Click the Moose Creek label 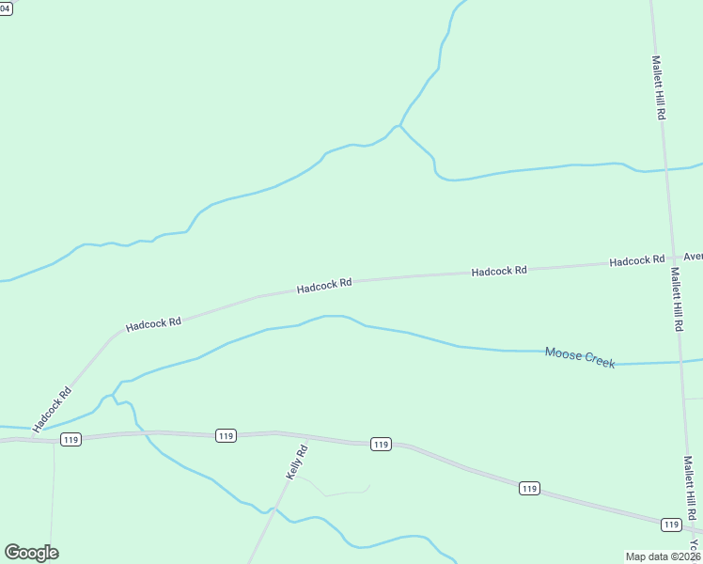580,357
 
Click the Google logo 31,553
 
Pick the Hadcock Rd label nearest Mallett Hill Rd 636,260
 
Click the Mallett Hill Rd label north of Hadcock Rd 659,86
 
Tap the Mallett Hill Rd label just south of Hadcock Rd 676,299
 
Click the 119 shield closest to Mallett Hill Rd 670,524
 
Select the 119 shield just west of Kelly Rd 225,435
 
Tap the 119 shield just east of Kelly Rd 380,444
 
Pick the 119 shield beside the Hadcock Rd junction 70,439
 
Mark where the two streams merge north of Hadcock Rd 400,125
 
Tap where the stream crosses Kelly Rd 273,509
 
